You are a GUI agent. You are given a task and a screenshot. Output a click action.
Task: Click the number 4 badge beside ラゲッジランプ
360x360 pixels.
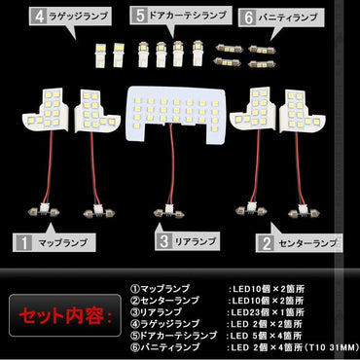tap(40, 17)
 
